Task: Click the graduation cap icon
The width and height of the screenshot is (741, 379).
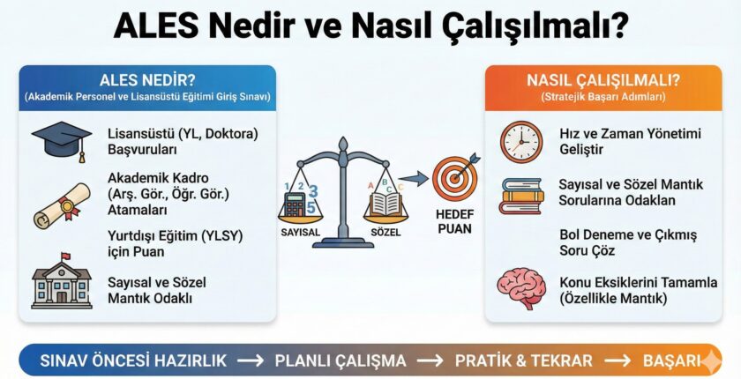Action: pos(62,140)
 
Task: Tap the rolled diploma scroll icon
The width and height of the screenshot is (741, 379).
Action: pos(62,205)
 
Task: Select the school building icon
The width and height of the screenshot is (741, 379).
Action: pos(62,280)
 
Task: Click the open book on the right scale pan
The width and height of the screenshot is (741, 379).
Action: pos(385,204)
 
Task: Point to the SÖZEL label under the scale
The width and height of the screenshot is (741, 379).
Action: pos(385,233)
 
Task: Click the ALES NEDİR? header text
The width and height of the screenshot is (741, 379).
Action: pos(149,80)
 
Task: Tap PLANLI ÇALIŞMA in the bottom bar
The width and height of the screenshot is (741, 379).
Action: pos(341,360)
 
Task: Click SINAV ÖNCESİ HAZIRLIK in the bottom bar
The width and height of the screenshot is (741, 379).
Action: pos(133,360)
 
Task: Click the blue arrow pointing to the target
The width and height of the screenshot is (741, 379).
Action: pos(419,179)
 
